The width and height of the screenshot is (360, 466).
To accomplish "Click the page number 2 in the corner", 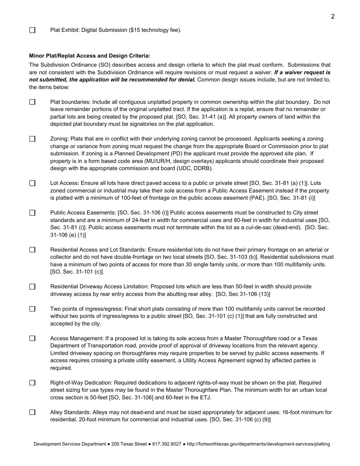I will click(x=332, y=16).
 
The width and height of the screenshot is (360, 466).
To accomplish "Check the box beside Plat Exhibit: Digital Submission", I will click(x=32, y=30).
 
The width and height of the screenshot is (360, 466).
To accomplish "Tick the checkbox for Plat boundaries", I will click(x=32, y=102).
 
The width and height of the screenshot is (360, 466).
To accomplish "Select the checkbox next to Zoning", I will click(x=32, y=139).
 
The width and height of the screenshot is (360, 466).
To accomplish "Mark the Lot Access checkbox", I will click(x=32, y=183).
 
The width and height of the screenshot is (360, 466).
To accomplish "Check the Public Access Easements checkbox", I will click(x=32, y=213).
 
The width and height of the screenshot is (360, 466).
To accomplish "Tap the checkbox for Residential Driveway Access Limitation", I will click(x=32, y=287).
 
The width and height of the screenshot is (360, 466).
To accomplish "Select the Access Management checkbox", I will click(x=32, y=338).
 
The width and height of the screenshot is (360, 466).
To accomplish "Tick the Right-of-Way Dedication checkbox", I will click(x=32, y=383).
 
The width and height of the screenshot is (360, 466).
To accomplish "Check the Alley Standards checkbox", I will click(x=32, y=412).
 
